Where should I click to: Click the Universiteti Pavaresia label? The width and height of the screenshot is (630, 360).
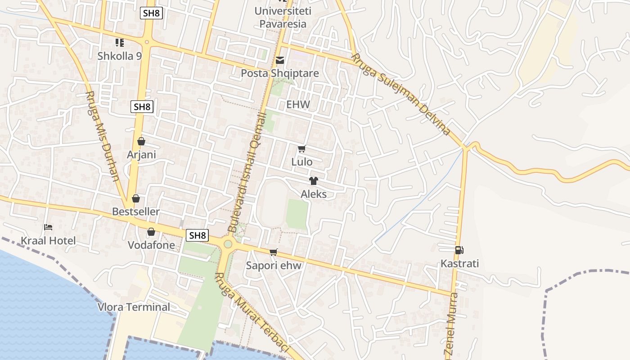(x=283, y=17)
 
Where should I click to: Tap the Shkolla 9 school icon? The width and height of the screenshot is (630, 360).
(x=120, y=43)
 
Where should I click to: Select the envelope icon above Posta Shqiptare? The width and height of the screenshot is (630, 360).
(x=280, y=60)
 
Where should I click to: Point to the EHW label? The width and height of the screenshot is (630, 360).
(x=298, y=104)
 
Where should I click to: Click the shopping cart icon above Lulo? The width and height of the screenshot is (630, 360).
(x=301, y=148)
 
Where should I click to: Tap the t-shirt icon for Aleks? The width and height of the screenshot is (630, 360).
(x=313, y=181)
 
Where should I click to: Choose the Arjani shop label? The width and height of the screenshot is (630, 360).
(x=141, y=155)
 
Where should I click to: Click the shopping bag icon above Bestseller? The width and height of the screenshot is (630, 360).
(x=136, y=198)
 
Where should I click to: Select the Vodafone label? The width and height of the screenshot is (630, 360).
(x=151, y=245)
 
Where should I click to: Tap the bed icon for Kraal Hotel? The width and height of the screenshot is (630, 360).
(x=48, y=227)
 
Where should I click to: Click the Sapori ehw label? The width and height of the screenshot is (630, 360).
(x=274, y=265)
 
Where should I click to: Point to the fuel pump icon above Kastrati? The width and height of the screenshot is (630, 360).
(x=459, y=250)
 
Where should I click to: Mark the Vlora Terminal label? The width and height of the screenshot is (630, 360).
(x=134, y=307)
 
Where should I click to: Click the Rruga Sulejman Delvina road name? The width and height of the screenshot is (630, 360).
(x=400, y=94)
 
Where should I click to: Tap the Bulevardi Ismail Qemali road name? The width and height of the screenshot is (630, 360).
(x=247, y=173)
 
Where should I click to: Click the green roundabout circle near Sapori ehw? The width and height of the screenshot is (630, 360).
(x=228, y=244)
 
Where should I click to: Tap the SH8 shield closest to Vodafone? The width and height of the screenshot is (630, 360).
(x=197, y=235)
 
